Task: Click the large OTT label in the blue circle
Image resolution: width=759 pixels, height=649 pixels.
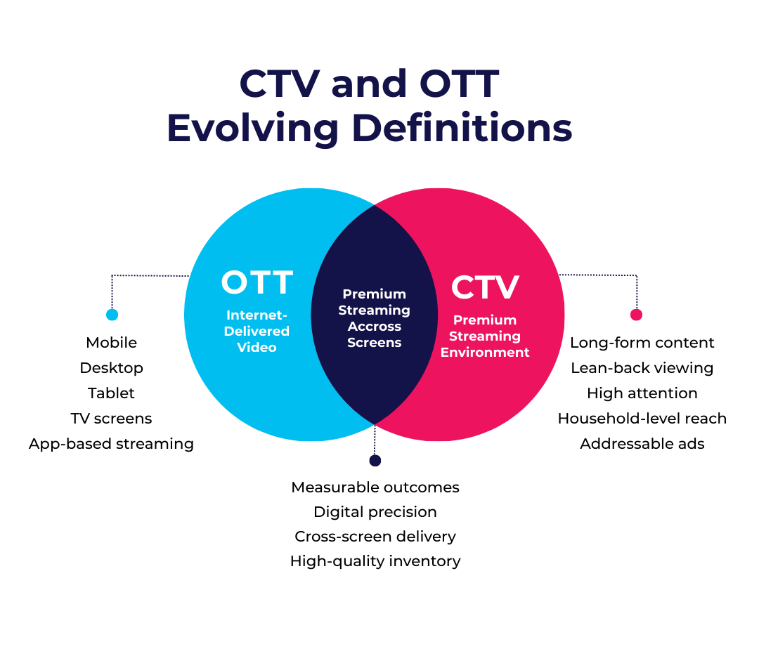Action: point(257,283)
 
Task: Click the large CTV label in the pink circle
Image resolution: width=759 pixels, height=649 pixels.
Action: point(485,287)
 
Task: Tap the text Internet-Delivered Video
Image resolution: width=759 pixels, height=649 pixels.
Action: point(257,331)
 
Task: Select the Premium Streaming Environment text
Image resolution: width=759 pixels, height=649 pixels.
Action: point(485,336)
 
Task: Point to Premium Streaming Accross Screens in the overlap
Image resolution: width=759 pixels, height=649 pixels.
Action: point(374,318)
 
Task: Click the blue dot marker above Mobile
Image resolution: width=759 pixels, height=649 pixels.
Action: point(112,315)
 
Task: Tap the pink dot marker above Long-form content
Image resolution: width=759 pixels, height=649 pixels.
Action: point(636,315)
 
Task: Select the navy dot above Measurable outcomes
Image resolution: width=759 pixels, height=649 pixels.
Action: point(375,461)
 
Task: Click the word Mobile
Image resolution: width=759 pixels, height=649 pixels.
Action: point(111,343)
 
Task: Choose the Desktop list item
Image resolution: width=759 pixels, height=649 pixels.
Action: point(111,368)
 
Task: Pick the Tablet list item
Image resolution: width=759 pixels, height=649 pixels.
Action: point(111,393)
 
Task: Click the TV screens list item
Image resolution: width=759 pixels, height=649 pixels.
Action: point(111,419)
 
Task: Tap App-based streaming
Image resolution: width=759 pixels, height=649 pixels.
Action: point(111,444)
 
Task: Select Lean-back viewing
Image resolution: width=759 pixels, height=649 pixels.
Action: point(642,368)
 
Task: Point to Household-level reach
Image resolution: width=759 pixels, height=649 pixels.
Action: point(642,419)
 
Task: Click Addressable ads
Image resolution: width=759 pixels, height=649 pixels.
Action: point(642,444)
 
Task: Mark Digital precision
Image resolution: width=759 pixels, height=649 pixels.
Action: point(375,512)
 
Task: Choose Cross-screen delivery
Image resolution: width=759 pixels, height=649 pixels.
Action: point(375,537)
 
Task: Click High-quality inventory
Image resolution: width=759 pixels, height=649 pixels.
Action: point(375,561)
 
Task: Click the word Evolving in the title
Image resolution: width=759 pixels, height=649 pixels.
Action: point(253,130)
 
